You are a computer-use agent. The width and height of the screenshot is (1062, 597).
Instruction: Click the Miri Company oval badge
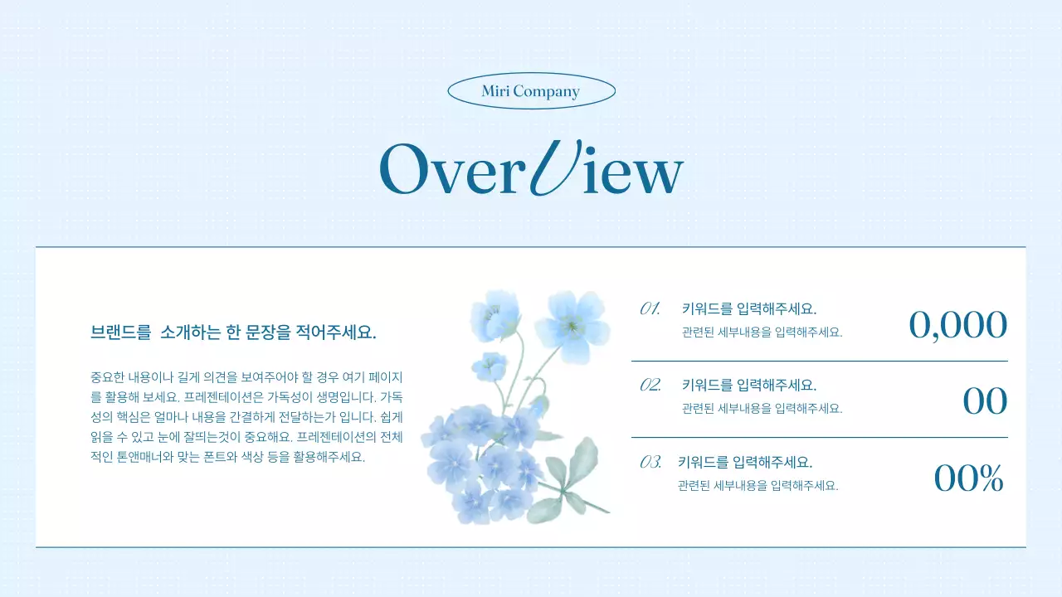[531, 91]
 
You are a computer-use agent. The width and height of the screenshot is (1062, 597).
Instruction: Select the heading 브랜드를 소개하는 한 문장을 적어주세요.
[233, 333]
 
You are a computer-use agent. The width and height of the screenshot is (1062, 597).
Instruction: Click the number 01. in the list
[650, 309]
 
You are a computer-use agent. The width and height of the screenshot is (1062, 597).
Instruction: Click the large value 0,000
[958, 325]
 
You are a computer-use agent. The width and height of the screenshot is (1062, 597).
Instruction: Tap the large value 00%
[968, 478]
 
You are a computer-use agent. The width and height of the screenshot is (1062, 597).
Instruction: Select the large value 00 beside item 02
[985, 401]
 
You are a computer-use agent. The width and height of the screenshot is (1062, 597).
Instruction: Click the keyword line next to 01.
[749, 309]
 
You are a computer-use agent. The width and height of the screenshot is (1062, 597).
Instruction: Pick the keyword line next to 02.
[749, 386]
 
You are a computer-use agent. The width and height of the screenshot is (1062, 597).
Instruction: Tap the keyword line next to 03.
[745, 463]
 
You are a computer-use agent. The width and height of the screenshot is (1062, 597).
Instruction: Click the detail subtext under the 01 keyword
[762, 332]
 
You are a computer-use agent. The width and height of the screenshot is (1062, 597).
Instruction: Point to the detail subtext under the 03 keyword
[758, 486]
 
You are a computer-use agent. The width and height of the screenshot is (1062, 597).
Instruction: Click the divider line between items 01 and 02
[820, 362]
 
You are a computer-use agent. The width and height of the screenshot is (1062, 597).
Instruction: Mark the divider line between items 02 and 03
[820, 437]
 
